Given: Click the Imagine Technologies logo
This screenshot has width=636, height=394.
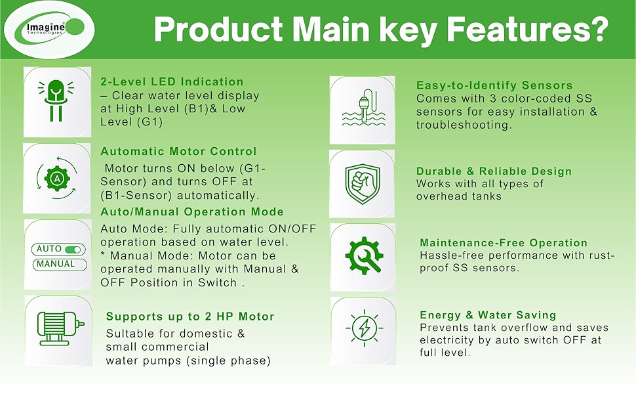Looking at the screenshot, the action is click(49, 30).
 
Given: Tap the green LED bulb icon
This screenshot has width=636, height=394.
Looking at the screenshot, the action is click(56, 100).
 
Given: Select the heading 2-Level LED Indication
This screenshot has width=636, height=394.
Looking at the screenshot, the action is click(172, 81).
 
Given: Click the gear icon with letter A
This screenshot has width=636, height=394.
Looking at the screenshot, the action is click(57, 178).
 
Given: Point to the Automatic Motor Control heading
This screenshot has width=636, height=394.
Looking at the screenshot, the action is click(178, 152).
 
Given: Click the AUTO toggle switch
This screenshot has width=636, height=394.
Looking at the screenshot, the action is click(73, 249).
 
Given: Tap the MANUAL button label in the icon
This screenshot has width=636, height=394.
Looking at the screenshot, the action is click(56, 264).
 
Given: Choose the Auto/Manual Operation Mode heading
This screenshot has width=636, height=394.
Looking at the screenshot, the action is click(192, 211).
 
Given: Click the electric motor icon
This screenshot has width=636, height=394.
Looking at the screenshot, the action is click(60, 328).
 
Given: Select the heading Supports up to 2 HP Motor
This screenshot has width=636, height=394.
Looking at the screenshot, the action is click(190, 317).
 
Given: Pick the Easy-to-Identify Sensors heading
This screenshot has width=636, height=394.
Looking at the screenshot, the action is click(494, 85).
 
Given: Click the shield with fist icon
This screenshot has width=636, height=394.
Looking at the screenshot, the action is click(363, 184).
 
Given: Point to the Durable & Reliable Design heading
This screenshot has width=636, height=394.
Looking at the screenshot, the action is click(494, 171).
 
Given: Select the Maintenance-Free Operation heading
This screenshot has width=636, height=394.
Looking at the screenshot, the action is click(504, 243).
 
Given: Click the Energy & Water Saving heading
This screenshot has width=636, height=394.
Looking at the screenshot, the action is click(488, 315).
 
